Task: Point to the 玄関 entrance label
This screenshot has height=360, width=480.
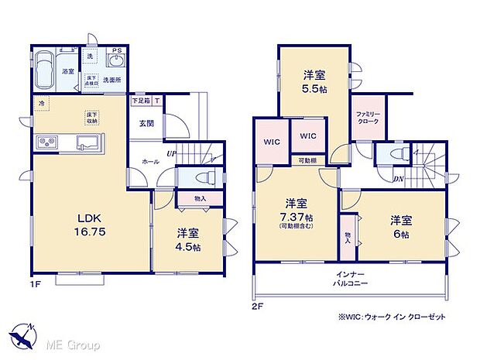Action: coord(146,124)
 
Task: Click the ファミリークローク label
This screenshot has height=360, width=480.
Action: coord(366,118)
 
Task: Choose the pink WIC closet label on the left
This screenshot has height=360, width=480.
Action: coord(271,142)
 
